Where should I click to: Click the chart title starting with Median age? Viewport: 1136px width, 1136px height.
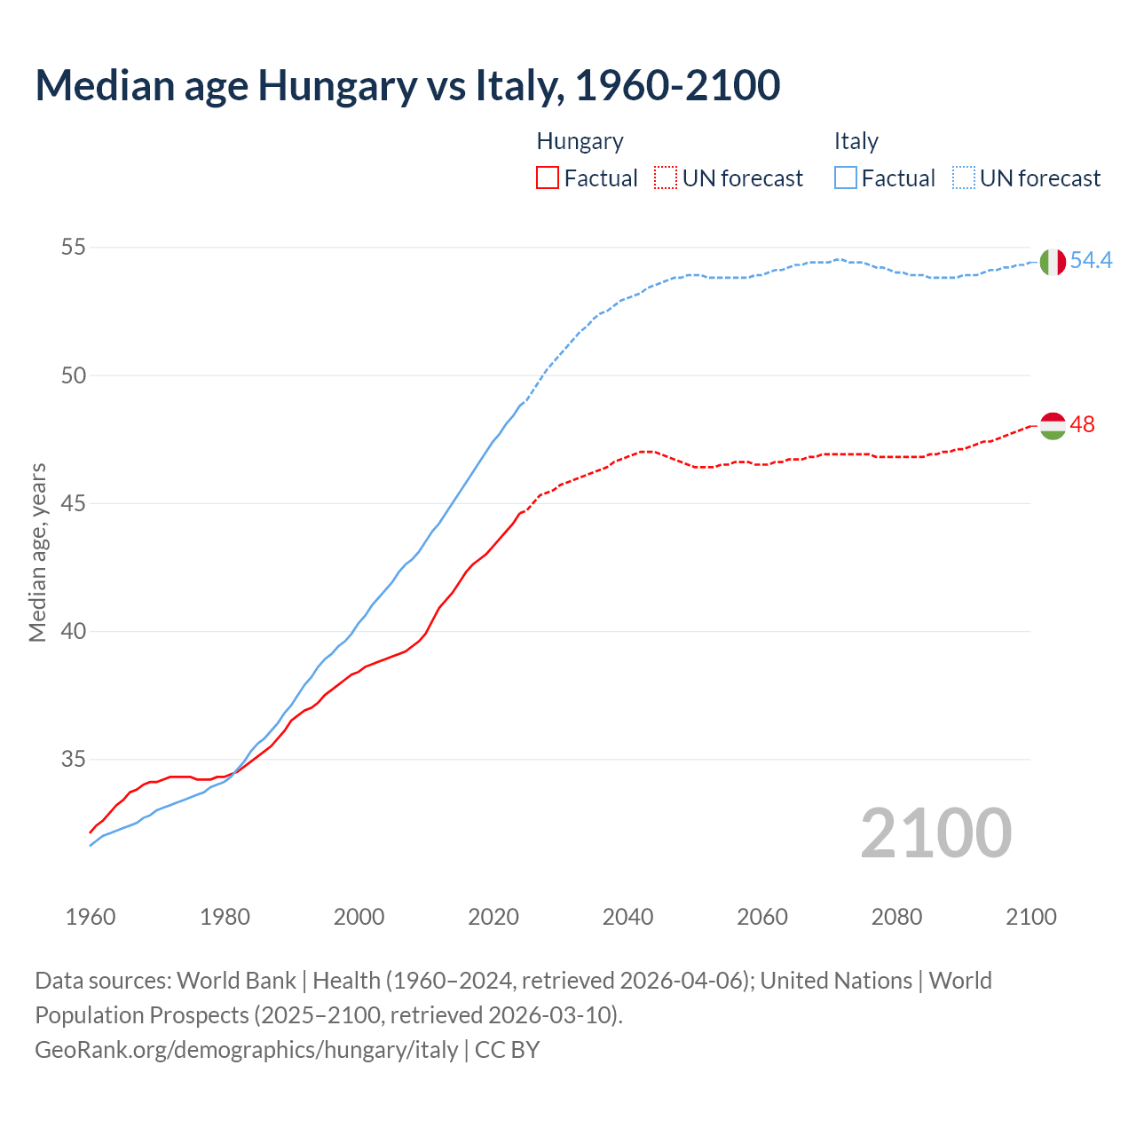click(407, 85)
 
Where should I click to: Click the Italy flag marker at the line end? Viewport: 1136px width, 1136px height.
click(1053, 262)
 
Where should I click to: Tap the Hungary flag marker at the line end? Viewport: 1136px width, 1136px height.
click(1053, 426)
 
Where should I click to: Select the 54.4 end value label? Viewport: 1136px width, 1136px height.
click(1091, 260)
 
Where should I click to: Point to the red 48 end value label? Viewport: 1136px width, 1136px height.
click(1082, 424)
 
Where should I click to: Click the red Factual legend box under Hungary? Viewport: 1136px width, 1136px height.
click(548, 177)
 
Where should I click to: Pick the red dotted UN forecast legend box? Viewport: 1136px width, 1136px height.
click(666, 177)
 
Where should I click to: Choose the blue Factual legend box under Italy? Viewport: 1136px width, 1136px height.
click(846, 177)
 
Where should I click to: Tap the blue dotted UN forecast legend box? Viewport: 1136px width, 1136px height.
click(964, 177)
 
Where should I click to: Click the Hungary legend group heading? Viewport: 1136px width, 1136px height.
click(580, 141)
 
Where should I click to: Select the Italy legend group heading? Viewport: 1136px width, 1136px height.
click(856, 141)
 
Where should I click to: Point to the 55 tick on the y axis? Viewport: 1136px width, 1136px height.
click(74, 247)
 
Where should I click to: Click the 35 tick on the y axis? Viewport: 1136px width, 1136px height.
click(74, 760)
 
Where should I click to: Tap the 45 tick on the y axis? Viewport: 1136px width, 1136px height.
click(74, 503)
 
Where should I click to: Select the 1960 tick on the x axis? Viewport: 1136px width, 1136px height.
click(91, 917)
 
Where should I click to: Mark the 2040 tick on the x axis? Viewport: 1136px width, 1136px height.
click(627, 917)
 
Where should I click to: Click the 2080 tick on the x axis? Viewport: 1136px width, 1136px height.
click(896, 917)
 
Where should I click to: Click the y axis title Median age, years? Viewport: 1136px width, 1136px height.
click(37, 552)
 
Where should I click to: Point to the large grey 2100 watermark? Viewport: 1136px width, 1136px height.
click(935, 832)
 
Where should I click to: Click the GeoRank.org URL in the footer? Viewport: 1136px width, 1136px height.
click(246, 1049)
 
